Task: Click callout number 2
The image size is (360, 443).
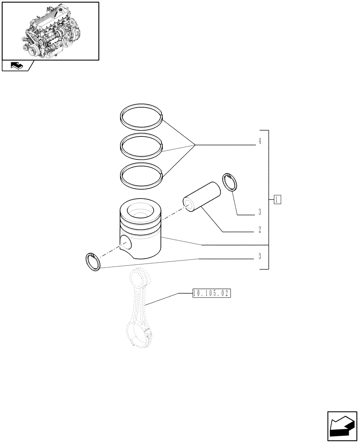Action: (x=259, y=230)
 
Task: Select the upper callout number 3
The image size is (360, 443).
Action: (x=259, y=212)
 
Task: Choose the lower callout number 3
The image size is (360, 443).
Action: (x=259, y=256)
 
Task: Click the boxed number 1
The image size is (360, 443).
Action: (x=277, y=199)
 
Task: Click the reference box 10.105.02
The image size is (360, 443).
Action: (x=212, y=293)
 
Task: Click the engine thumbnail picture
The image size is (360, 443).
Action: (x=50, y=31)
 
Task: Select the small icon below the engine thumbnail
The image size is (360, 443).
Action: (x=17, y=66)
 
